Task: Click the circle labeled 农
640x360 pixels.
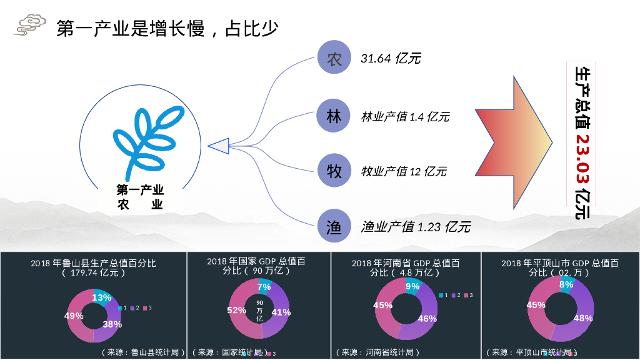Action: [x=335, y=59]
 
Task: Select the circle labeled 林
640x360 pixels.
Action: [x=335, y=116]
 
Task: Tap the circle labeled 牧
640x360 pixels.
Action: [x=335, y=171]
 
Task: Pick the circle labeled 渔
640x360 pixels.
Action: [x=335, y=226]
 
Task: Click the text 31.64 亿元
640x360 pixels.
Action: [x=391, y=59]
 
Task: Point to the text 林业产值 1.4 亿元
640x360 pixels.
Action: [x=405, y=117]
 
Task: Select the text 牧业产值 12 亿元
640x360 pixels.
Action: [x=404, y=171]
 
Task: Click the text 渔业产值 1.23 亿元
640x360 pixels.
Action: [x=416, y=227]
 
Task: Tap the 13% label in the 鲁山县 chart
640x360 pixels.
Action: [x=102, y=297]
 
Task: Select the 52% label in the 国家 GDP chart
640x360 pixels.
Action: [x=236, y=310]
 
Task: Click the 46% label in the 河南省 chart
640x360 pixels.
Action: [x=427, y=318]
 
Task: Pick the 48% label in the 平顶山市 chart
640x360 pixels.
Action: [x=582, y=317]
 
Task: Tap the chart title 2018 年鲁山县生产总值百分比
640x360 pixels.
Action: [x=93, y=263]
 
